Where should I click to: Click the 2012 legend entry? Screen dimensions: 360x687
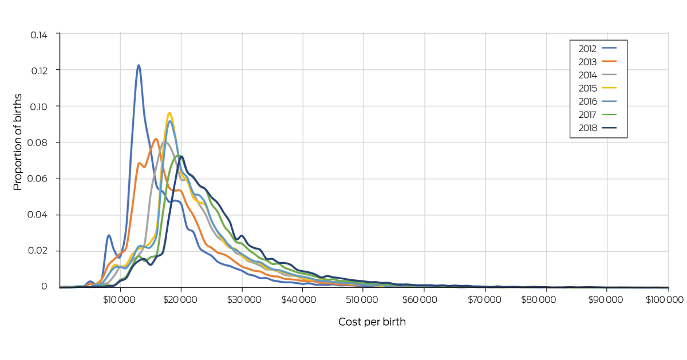pos(598,49)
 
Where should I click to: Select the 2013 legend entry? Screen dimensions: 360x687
pos(598,62)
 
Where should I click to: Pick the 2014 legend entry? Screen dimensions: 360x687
pos(598,75)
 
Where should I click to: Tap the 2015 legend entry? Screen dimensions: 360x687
pos(598,88)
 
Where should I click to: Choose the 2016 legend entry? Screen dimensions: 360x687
pos(598,101)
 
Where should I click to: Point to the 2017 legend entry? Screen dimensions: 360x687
pos(598,114)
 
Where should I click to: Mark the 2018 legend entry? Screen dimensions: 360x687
pos(598,128)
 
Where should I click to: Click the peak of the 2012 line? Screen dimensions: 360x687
pos(139,65)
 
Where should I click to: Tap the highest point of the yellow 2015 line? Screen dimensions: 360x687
pos(169,113)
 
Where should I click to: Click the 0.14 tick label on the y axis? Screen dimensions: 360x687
pos(39,34)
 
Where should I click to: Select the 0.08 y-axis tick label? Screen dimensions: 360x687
pos(39,143)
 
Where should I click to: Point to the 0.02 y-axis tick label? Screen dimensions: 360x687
pos(39,251)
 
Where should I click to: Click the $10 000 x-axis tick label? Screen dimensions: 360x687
pos(120,299)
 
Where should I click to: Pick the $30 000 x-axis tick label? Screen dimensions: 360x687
pos(242,299)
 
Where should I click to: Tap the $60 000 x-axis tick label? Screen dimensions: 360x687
pos(424,299)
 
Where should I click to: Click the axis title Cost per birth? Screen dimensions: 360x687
pos(372,322)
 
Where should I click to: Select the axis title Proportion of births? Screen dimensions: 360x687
pos(18,142)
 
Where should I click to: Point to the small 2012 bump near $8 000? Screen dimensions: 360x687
pos(108,235)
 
